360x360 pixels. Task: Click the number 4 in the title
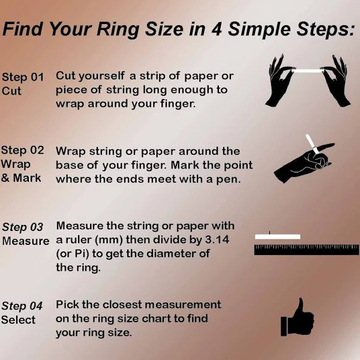click(x=217, y=29)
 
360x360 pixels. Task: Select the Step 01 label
click(x=23, y=77)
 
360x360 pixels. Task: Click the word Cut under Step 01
click(x=11, y=91)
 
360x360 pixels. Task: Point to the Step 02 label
click(x=23, y=151)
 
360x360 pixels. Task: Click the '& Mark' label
click(x=21, y=178)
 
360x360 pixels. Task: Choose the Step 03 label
click(x=23, y=227)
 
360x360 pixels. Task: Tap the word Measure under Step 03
click(x=26, y=241)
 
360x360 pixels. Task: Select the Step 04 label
click(x=22, y=306)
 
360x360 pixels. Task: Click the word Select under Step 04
click(x=19, y=320)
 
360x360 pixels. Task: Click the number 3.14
click(x=217, y=240)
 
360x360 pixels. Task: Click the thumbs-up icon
click(x=298, y=318)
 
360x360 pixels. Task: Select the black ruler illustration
click(x=307, y=250)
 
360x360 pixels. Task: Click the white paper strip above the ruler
click(x=278, y=237)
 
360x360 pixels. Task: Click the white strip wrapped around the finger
click(x=313, y=144)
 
